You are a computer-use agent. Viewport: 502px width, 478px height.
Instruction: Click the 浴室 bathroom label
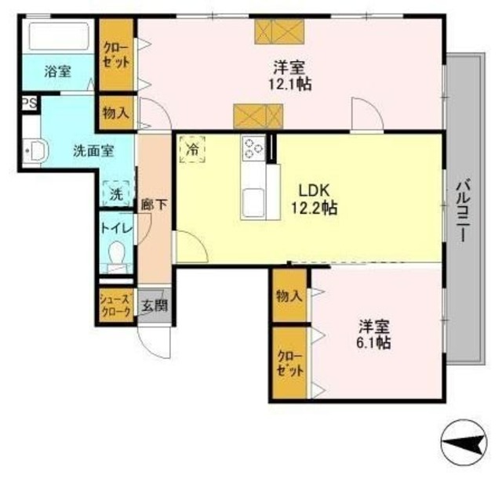coord(58,72)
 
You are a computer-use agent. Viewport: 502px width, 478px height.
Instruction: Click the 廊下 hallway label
coord(153,206)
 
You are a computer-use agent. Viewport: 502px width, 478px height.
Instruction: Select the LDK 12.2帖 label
coord(316,199)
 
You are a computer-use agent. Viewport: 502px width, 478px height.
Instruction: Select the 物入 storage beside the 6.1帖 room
coord(289,295)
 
